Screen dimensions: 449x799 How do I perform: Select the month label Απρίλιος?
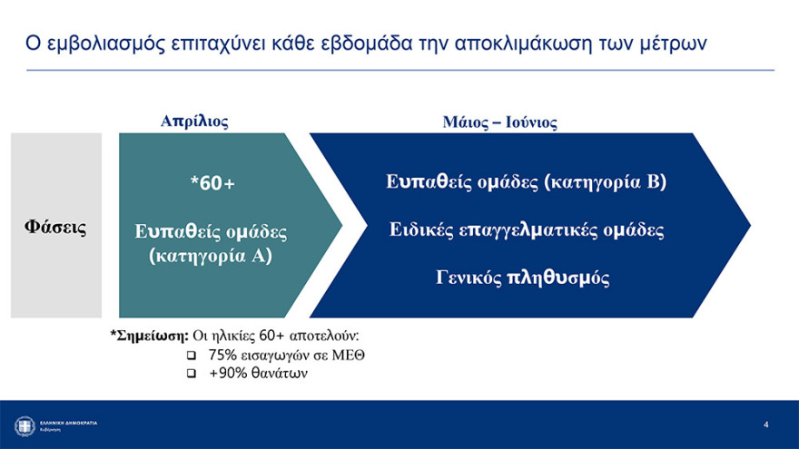[x=194, y=121]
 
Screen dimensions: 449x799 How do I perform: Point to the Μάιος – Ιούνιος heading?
[x=498, y=122]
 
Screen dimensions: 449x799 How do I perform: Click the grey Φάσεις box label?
[x=55, y=226]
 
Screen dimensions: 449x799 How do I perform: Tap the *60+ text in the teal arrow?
[x=212, y=183]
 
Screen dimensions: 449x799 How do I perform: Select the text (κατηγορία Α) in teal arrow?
[x=211, y=257]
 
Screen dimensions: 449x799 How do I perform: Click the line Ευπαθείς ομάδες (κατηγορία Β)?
[x=526, y=182]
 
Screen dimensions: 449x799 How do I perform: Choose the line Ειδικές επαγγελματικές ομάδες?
[x=527, y=229]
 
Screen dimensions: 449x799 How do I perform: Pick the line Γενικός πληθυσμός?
[x=522, y=278]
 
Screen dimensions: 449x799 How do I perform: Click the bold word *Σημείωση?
[x=150, y=336]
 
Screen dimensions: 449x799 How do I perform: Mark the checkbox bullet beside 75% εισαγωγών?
[x=191, y=355]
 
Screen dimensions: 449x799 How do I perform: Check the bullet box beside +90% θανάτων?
[x=191, y=373]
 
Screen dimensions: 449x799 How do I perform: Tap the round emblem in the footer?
[x=25, y=425]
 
